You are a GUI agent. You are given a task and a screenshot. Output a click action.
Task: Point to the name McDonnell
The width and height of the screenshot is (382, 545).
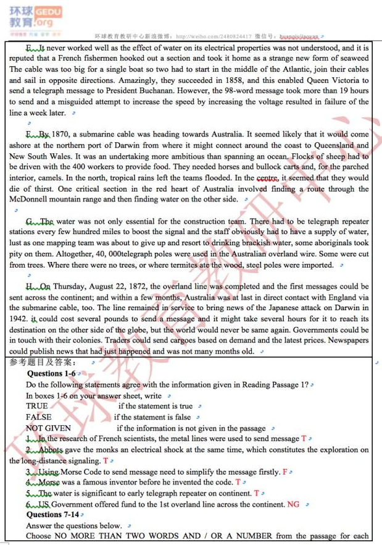click(x=32, y=200)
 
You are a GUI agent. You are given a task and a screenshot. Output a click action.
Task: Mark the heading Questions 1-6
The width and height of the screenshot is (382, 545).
click(x=51, y=374)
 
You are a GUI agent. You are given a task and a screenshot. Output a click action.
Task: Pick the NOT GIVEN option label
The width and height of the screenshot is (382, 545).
click(x=48, y=428)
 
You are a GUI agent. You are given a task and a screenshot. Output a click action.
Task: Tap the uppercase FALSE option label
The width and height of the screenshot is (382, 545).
click(x=38, y=417)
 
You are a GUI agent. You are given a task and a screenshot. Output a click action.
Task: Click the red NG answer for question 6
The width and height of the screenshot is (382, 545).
click(x=294, y=504)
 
